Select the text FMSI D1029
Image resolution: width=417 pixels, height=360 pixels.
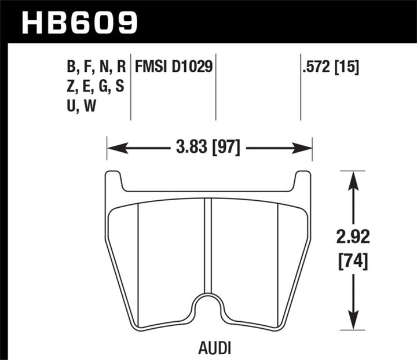pyautogui.click(x=174, y=67)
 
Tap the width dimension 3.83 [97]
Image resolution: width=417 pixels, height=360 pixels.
pyautogui.click(x=209, y=148)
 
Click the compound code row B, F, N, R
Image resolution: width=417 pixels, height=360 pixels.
pyautogui.click(x=96, y=67)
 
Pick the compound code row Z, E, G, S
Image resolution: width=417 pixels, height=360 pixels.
pyautogui.click(x=96, y=87)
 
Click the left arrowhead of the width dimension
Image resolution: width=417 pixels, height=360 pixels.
pyautogui.click(x=115, y=148)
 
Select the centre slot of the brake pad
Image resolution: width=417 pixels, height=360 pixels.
pyautogui.click(x=209, y=243)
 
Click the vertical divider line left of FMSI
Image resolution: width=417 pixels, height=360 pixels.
pyautogui.click(x=131, y=87)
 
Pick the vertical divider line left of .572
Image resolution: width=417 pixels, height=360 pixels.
pyautogui.click(x=301, y=87)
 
